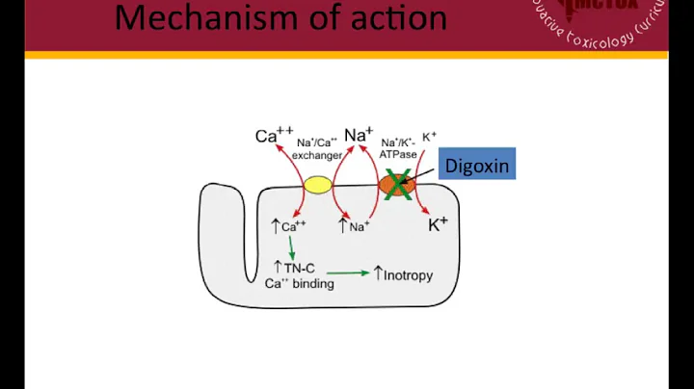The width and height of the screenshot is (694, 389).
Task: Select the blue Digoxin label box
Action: point(474,165)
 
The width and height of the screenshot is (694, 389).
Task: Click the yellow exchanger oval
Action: point(317,184)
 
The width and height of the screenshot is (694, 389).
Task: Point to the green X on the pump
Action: point(395,184)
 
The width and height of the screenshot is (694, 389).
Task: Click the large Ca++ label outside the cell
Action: point(268,136)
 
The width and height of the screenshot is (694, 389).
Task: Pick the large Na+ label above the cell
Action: point(358,135)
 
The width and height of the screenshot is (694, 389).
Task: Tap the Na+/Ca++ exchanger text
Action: point(317,149)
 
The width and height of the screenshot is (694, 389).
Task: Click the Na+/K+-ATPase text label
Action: point(400,149)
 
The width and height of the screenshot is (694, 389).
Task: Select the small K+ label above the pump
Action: point(430,137)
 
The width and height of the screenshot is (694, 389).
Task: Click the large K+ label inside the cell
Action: point(438,224)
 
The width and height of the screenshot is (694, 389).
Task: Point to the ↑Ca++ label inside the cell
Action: point(288,227)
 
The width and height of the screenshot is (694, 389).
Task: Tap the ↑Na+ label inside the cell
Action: point(354,227)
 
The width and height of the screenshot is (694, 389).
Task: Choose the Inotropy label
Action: point(403,274)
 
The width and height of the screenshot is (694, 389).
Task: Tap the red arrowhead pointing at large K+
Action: point(427,210)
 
